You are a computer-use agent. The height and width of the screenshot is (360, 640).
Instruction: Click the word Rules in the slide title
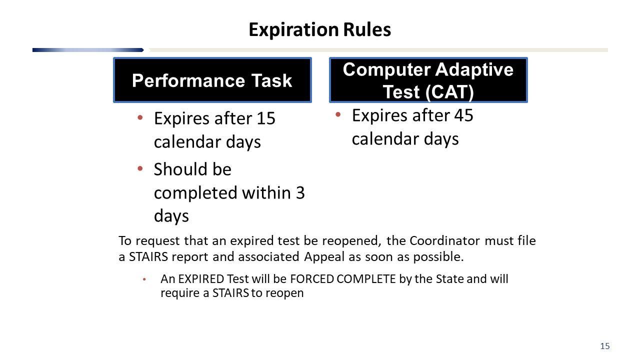point(367,30)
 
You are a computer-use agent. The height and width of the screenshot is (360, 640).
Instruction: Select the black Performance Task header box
point(212,80)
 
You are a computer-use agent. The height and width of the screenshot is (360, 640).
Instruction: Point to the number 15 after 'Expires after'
point(265,118)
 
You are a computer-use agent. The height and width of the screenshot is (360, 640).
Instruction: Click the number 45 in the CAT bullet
point(463,115)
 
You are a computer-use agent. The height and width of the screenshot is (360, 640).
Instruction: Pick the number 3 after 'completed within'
point(299,192)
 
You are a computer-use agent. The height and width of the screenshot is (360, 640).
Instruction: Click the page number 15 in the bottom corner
point(604,346)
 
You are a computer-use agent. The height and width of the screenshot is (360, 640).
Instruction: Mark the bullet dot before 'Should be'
point(140,168)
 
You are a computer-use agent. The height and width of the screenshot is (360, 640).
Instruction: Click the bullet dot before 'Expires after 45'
point(338,114)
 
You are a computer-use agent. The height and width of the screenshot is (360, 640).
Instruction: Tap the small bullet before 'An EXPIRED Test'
point(144,279)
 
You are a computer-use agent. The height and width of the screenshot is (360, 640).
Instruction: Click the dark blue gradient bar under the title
point(88,50)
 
